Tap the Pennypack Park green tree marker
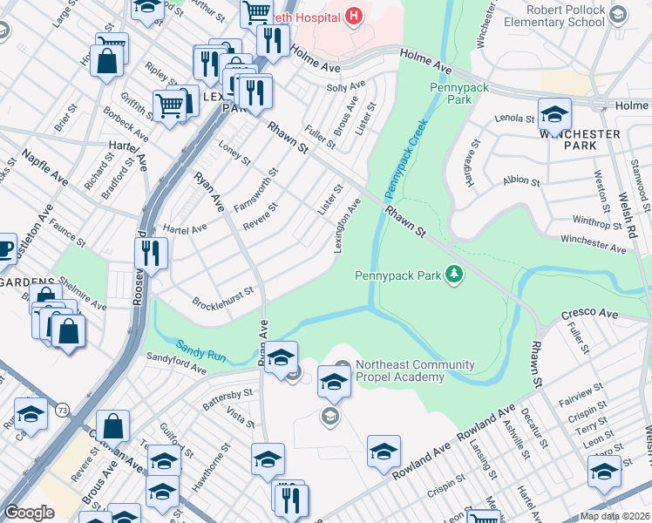453,275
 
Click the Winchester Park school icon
554,113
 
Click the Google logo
29,513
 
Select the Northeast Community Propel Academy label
414,370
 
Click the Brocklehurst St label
222,296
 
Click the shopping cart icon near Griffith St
171,105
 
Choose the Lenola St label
514,118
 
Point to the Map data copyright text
615,516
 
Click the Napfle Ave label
45,166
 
